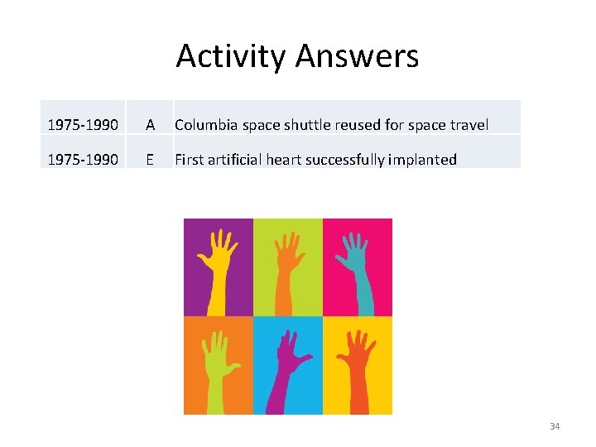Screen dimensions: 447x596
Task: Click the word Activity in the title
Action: (231, 56)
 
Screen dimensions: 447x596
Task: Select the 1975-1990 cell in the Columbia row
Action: (82, 125)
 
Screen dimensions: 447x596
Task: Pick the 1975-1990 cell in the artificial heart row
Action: (82, 160)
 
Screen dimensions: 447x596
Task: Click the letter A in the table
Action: (150, 125)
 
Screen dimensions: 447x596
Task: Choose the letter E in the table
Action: (150, 160)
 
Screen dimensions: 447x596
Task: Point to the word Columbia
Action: (206, 125)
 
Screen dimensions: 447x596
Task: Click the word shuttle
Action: (308, 125)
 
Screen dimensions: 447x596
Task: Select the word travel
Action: (469, 125)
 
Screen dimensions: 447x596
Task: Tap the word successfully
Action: (345, 160)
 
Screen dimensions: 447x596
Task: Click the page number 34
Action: (555, 426)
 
